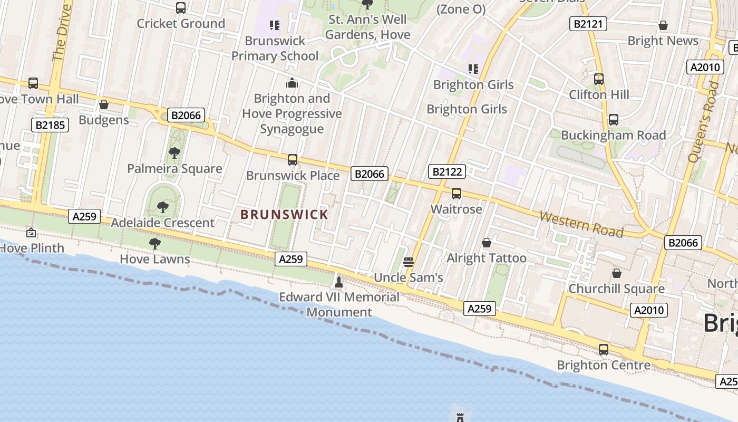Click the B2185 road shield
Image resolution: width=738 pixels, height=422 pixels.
click(x=50, y=125)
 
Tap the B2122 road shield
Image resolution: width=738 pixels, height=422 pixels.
click(x=447, y=171)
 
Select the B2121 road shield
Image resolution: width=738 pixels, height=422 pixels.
click(x=588, y=24)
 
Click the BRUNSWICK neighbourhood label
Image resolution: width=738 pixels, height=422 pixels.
click(x=284, y=215)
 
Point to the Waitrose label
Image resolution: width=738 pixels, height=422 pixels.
click(x=456, y=209)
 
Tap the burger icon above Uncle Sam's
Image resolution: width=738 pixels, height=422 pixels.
click(x=408, y=262)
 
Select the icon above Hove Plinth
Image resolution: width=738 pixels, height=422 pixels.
click(x=31, y=232)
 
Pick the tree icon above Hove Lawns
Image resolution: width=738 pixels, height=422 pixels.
click(x=154, y=243)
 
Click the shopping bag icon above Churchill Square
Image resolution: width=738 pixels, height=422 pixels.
click(x=616, y=273)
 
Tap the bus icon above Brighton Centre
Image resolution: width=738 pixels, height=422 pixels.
click(x=604, y=349)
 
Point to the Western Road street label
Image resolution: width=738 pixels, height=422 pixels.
click(x=581, y=225)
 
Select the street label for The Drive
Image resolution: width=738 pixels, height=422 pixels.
click(x=62, y=33)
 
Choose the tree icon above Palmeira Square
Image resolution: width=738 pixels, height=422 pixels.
click(x=174, y=153)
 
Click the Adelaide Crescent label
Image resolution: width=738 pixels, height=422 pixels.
click(x=162, y=223)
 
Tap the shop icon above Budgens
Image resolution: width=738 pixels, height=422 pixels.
click(x=104, y=105)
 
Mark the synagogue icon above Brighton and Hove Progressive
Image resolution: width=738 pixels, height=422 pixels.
click(x=292, y=83)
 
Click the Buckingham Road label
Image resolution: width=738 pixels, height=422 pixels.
click(x=613, y=135)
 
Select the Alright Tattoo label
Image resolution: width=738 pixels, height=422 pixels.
click(x=486, y=258)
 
